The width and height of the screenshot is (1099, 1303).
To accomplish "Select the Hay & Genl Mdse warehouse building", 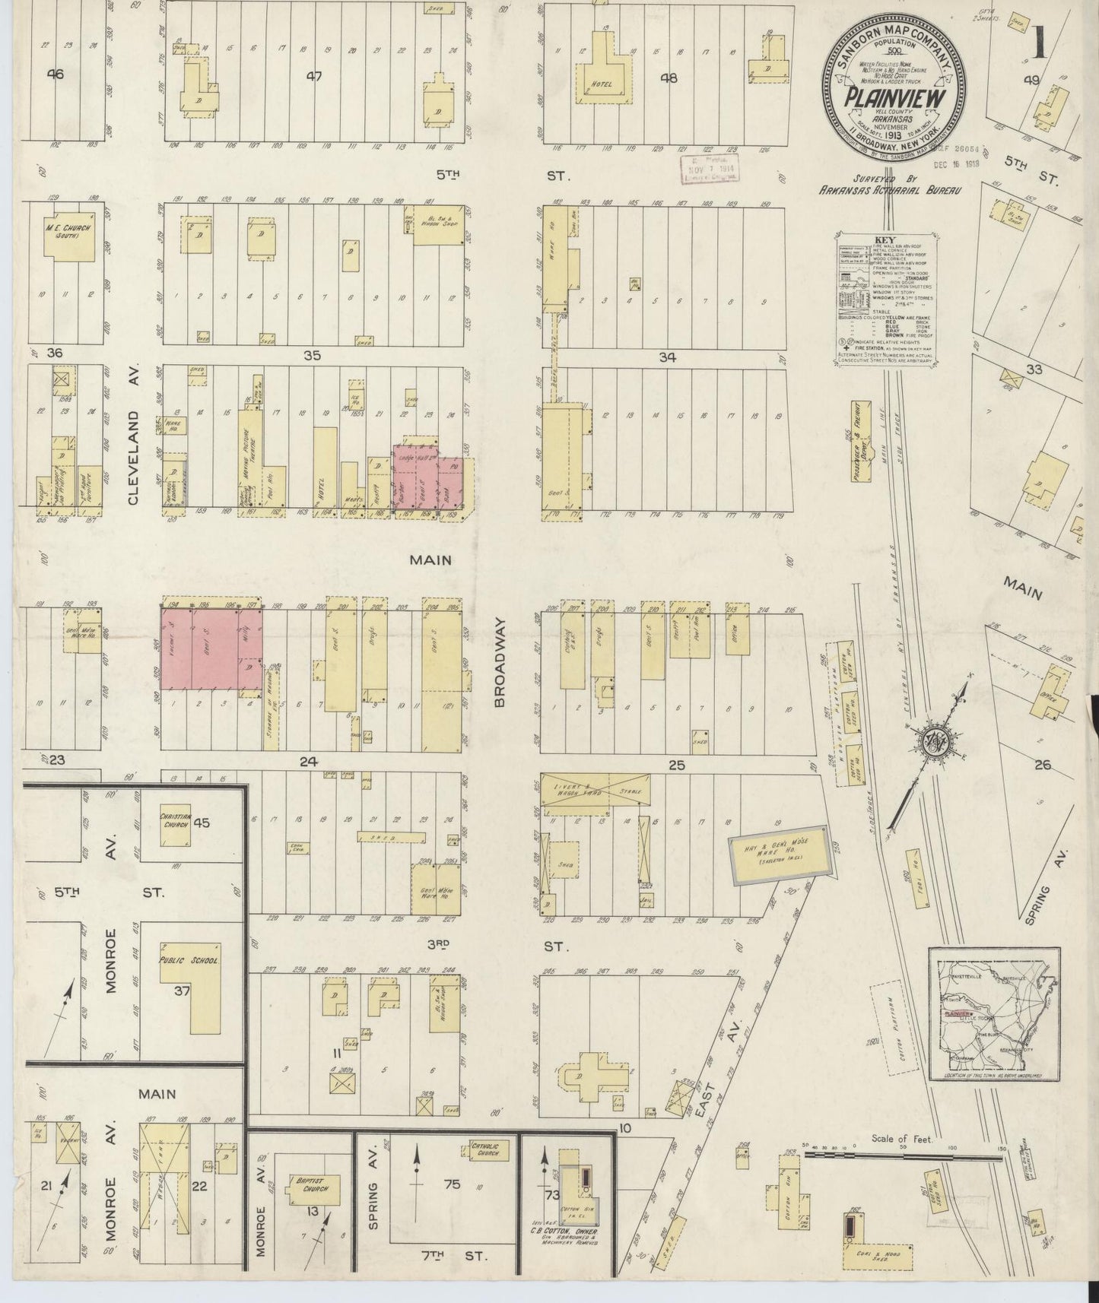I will (779, 854).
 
